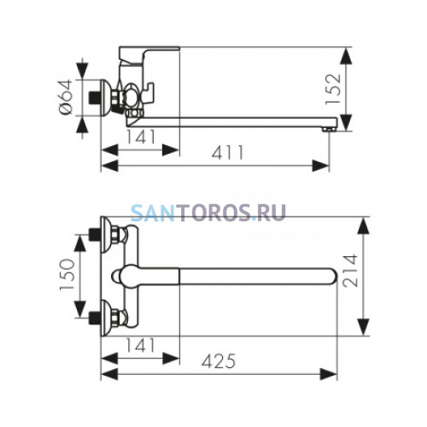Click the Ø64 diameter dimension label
[x=66, y=97]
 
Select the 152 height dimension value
[x=333, y=90]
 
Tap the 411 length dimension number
[x=228, y=153]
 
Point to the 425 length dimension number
[x=219, y=361]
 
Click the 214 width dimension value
[x=350, y=271]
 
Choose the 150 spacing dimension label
[x=67, y=274]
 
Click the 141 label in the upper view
[x=141, y=137]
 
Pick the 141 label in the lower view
[x=141, y=345]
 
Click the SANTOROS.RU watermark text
[x=208, y=213]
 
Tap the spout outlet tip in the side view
[x=329, y=130]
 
